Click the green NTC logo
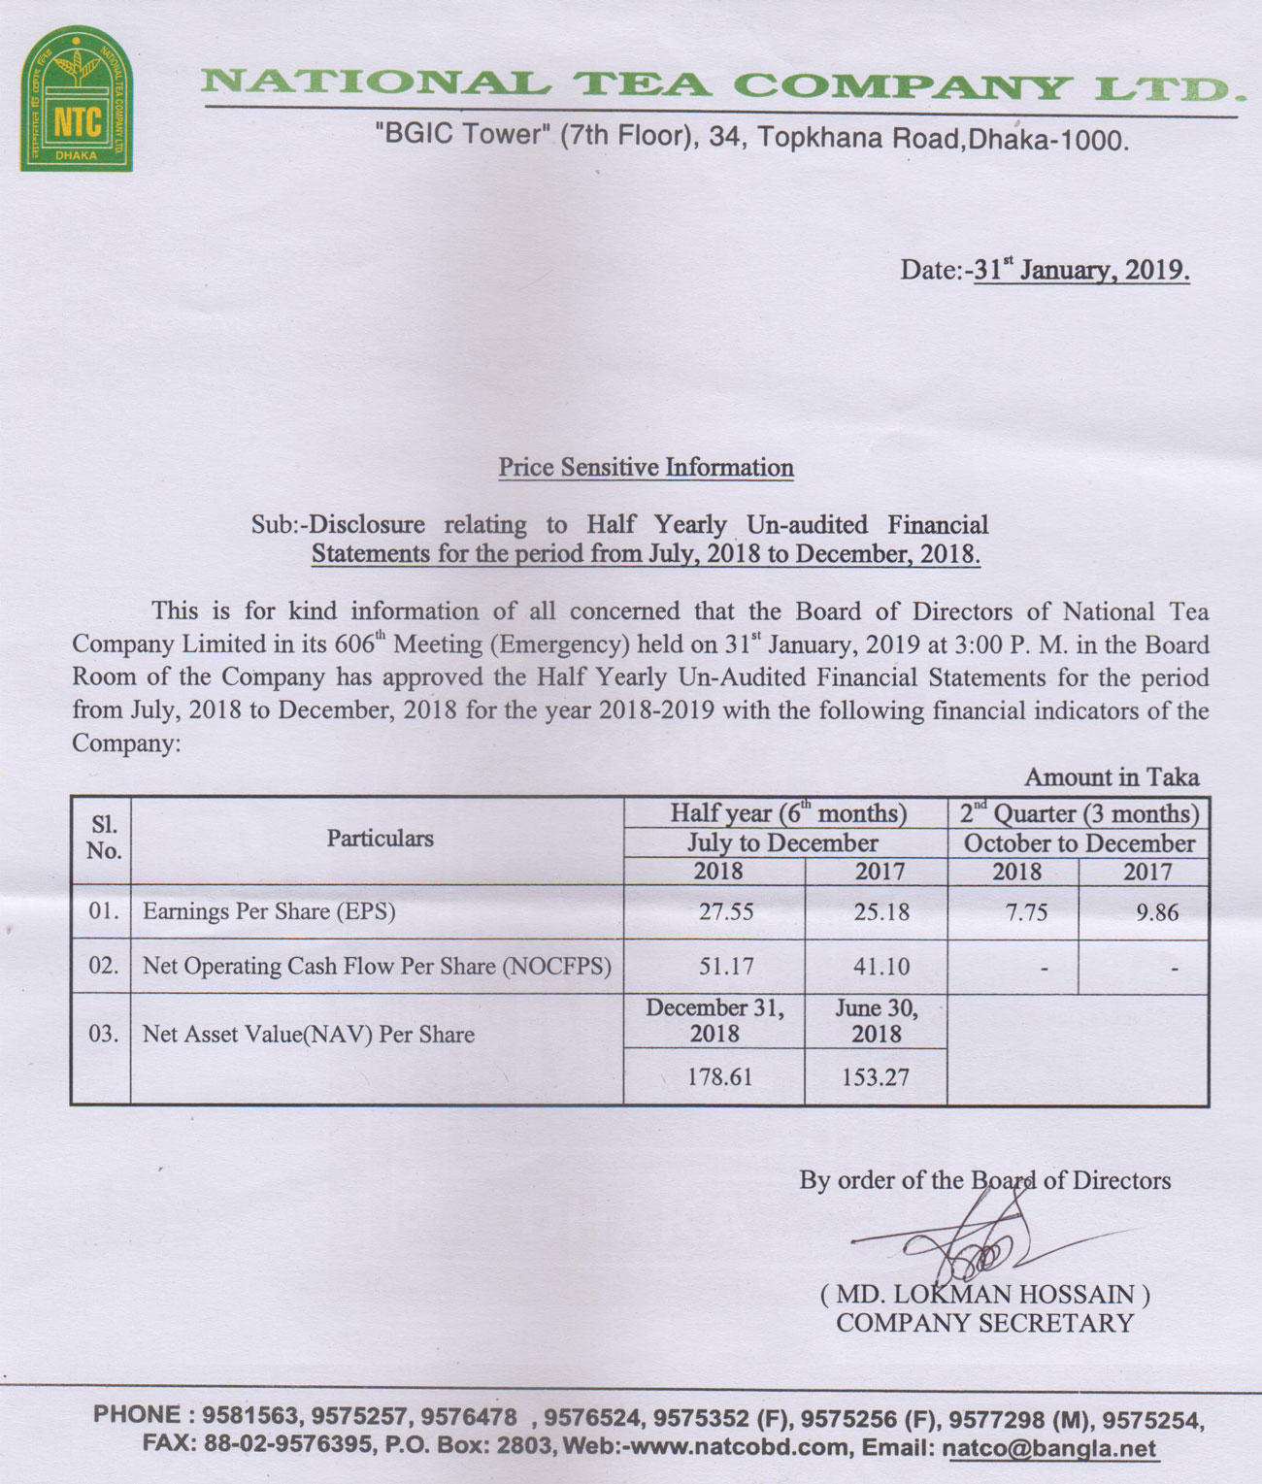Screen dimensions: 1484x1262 pos(77,99)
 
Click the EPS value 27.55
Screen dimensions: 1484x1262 pos(726,912)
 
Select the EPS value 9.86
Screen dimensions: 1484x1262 pos(1156,912)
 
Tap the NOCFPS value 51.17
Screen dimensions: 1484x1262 pos(726,967)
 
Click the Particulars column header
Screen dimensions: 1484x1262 pos(380,839)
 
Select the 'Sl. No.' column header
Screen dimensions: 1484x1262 pos(103,839)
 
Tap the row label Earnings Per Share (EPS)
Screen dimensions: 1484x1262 pos(269,912)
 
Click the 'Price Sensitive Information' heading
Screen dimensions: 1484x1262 pos(646,468)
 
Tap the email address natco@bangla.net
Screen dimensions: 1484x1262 pos(1049,1450)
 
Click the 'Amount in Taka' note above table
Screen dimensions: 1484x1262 pos(1112,777)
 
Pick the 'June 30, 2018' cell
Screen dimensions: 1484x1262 pos(876,1021)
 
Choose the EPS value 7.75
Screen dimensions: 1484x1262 pos(1026,912)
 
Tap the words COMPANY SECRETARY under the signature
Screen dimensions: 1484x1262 pos(984,1323)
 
